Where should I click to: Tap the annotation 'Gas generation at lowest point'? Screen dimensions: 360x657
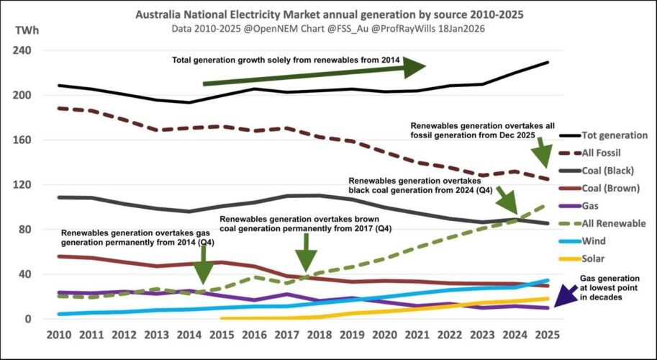610,287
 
